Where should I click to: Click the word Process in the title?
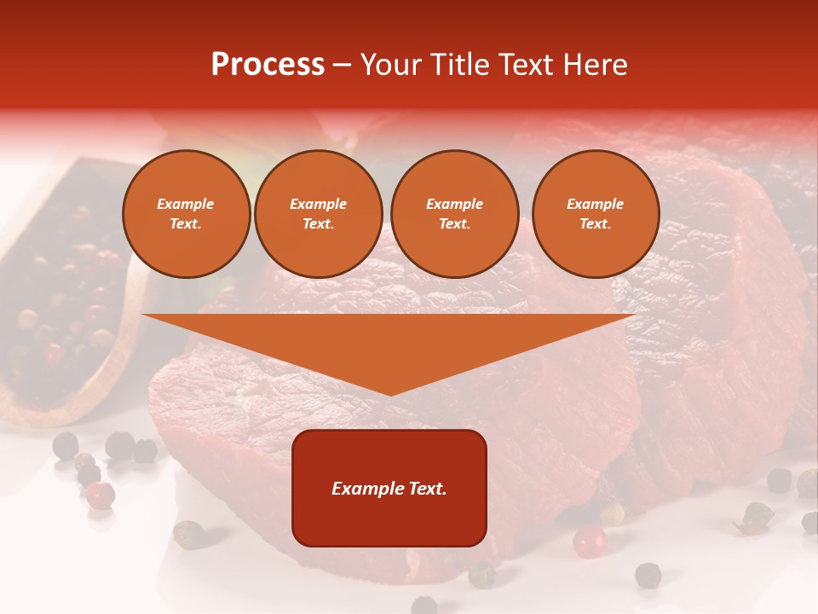[x=268, y=65]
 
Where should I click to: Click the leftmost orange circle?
[x=186, y=213]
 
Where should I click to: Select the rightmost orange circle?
[x=595, y=213]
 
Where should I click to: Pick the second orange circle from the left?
[x=318, y=213]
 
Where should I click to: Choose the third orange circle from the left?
[x=454, y=213]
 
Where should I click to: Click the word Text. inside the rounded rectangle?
[x=427, y=489]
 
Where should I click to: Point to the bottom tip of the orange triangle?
[x=389, y=393]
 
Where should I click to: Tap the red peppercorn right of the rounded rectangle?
[x=589, y=541]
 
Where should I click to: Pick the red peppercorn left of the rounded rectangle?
[x=101, y=494]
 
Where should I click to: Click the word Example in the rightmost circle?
[x=595, y=204]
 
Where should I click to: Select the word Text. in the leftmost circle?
[x=186, y=223]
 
